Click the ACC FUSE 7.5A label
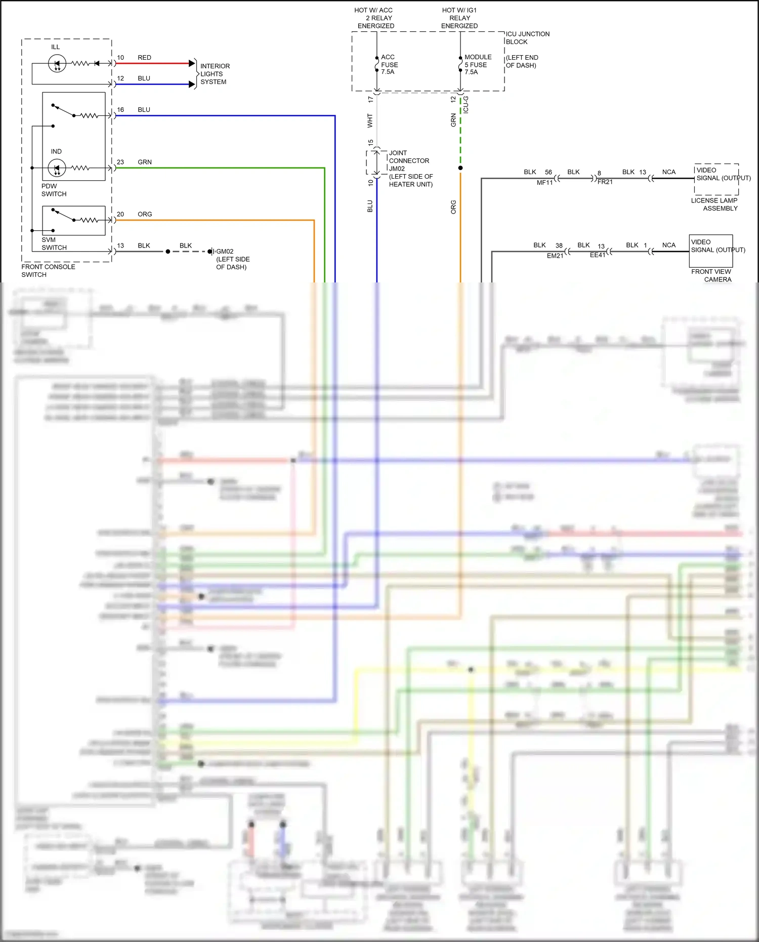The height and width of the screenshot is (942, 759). (x=389, y=64)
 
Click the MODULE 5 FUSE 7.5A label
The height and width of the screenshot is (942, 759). (x=477, y=64)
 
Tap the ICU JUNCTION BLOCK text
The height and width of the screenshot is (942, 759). (x=527, y=38)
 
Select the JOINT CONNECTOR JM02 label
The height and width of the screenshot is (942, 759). (x=408, y=160)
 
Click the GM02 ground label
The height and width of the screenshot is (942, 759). (x=225, y=252)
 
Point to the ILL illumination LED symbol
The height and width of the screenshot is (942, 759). (x=57, y=64)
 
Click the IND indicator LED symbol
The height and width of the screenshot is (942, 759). (x=57, y=168)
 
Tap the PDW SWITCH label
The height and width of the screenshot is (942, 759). (x=54, y=190)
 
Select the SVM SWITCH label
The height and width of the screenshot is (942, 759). (x=54, y=243)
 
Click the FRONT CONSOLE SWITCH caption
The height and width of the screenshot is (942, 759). (x=48, y=270)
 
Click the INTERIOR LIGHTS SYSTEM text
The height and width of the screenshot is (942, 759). (x=215, y=74)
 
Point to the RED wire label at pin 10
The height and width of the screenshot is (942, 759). (x=144, y=58)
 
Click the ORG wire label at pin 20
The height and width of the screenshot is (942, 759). (x=145, y=214)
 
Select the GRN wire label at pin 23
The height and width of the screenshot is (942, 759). (x=145, y=162)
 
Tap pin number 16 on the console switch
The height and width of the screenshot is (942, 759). (x=120, y=110)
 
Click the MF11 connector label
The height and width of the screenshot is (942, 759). (x=544, y=183)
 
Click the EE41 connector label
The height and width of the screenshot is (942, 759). (x=597, y=255)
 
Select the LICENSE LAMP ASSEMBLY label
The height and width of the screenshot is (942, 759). (x=714, y=204)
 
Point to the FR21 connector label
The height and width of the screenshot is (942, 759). (x=605, y=182)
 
